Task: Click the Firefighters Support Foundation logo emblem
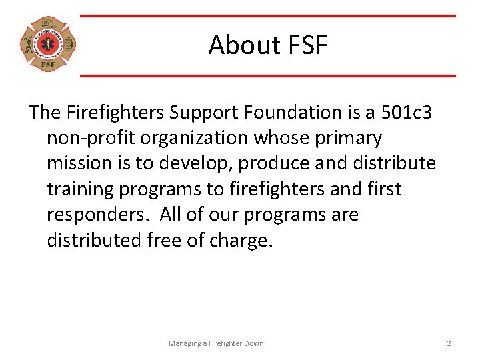click(x=48, y=45)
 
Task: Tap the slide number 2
click(x=449, y=343)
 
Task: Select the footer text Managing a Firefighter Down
click(x=216, y=343)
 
